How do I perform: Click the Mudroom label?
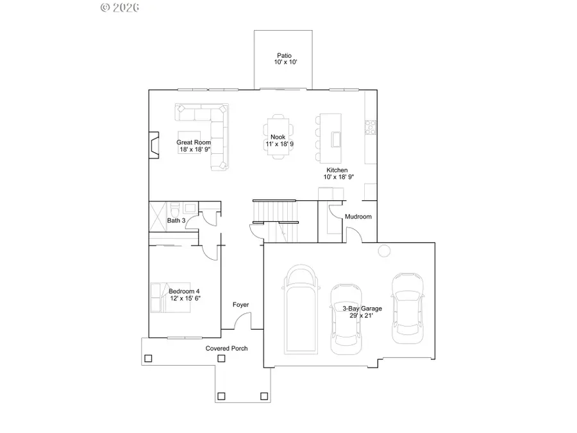coord(358,217)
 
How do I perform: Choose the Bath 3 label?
coord(176,221)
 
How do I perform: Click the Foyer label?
coord(240,305)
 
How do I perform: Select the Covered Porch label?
coord(226,348)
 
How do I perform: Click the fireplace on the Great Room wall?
coord(153,145)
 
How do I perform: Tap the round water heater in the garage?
coord(384,251)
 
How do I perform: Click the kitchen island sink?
coord(336,139)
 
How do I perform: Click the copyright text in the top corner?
coord(120,7)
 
